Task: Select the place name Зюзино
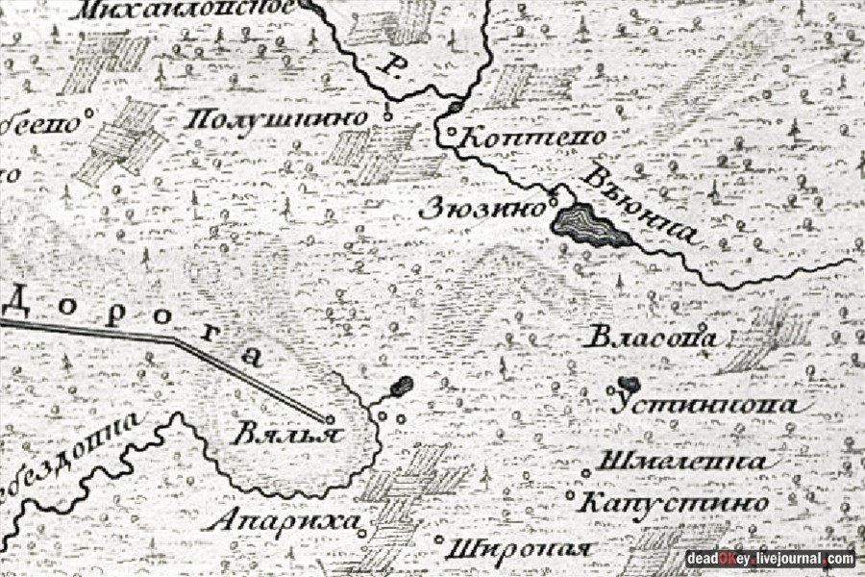click(x=482, y=209)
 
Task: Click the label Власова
click(x=653, y=339)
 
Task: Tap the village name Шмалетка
click(x=682, y=463)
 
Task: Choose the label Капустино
click(x=676, y=503)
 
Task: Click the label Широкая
click(x=518, y=549)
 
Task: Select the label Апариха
click(x=284, y=521)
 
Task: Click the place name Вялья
click(x=285, y=433)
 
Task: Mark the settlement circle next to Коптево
click(x=452, y=132)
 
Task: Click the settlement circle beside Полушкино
click(x=387, y=117)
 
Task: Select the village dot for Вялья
click(x=330, y=419)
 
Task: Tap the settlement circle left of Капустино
click(x=570, y=497)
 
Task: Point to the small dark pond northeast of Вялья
click(x=402, y=386)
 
